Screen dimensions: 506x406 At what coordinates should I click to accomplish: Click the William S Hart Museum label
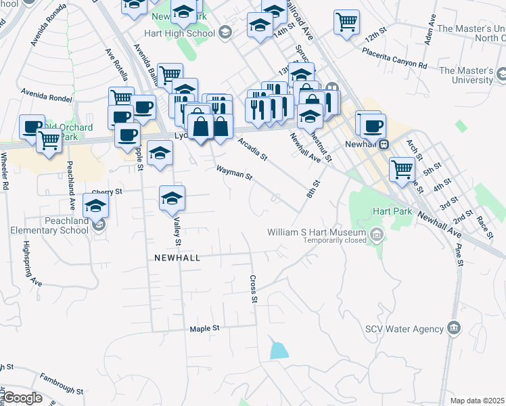click(x=317, y=232)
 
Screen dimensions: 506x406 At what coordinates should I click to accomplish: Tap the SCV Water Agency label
click(x=404, y=330)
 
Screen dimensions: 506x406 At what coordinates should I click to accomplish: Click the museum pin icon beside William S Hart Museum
click(x=377, y=235)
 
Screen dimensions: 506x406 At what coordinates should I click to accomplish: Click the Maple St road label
click(x=206, y=328)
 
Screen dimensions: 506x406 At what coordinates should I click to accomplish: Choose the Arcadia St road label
click(x=253, y=150)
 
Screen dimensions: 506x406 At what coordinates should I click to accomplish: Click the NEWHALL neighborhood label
click(x=178, y=258)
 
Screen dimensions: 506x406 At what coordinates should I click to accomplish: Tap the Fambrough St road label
click(x=61, y=386)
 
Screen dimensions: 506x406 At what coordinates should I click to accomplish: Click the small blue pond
click(x=279, y=350)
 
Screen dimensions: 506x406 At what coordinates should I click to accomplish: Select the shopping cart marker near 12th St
click(x=346, y=22)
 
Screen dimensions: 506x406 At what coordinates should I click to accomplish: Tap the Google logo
click(x=22, y=398)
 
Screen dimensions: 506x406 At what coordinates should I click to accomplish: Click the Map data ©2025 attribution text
click(x=478, y=401)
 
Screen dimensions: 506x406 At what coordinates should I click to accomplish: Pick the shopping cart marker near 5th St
click(x=402, y=168)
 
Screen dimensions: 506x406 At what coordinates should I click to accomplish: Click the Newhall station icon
click(x=384, y=143)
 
